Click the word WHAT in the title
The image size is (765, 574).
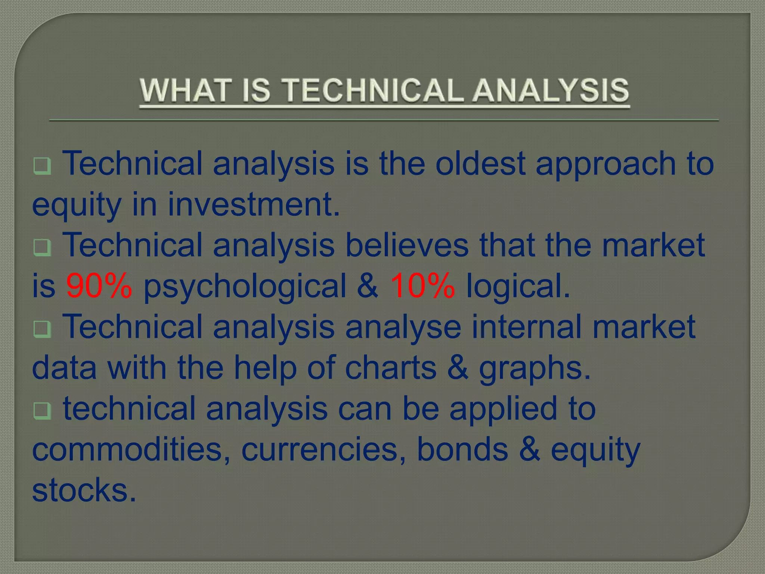click(x=183, y=90)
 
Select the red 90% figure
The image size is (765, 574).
click(x=99, y=286)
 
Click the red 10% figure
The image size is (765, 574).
click(x=422, y=286)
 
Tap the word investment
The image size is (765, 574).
click(x=254, y=204)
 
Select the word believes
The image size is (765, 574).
click(x=407, y=245)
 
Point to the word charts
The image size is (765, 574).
click(x=390, y=367)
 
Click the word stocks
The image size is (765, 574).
click(x=84, y=490)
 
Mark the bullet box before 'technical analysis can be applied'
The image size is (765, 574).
click(x=42, y=411)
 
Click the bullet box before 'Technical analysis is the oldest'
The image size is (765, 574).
click(x=42, y=166)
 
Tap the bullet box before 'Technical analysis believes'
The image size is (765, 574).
click(x=42, y=247)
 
